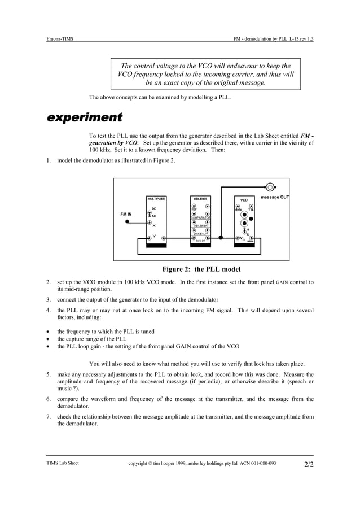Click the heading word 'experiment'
84,118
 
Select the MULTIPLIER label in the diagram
156,199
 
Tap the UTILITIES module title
200,199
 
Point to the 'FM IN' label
126,215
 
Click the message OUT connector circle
271,187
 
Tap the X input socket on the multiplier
150,223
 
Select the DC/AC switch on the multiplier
150,213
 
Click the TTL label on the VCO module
251,210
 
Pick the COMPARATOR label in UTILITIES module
201,217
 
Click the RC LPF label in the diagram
200,241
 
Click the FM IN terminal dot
128,223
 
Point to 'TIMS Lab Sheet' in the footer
63,463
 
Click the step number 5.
49,374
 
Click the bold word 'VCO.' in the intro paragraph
129,143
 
